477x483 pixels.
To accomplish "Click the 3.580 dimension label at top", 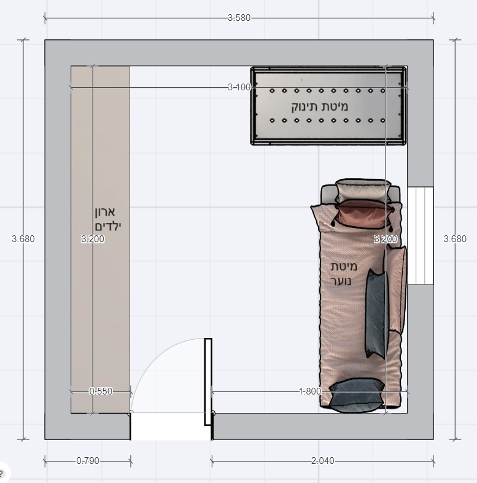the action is [x=239, y=18].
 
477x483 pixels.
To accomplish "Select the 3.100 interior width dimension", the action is [x=239, y=87].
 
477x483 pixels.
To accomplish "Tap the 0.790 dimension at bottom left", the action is [x=88, y=461].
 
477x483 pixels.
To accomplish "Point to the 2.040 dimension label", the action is [x=322, y=461].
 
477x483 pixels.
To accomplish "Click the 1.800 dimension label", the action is [x=310, y=391].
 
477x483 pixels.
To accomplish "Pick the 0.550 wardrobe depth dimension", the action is [x=101, y=391].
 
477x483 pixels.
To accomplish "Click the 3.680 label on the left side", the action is [x=23, y=238].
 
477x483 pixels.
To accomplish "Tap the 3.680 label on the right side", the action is [x=455, y=238].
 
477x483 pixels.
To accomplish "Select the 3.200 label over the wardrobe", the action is [x=93, y=238].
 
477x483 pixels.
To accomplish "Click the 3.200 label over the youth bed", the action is [x=386, y=238].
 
